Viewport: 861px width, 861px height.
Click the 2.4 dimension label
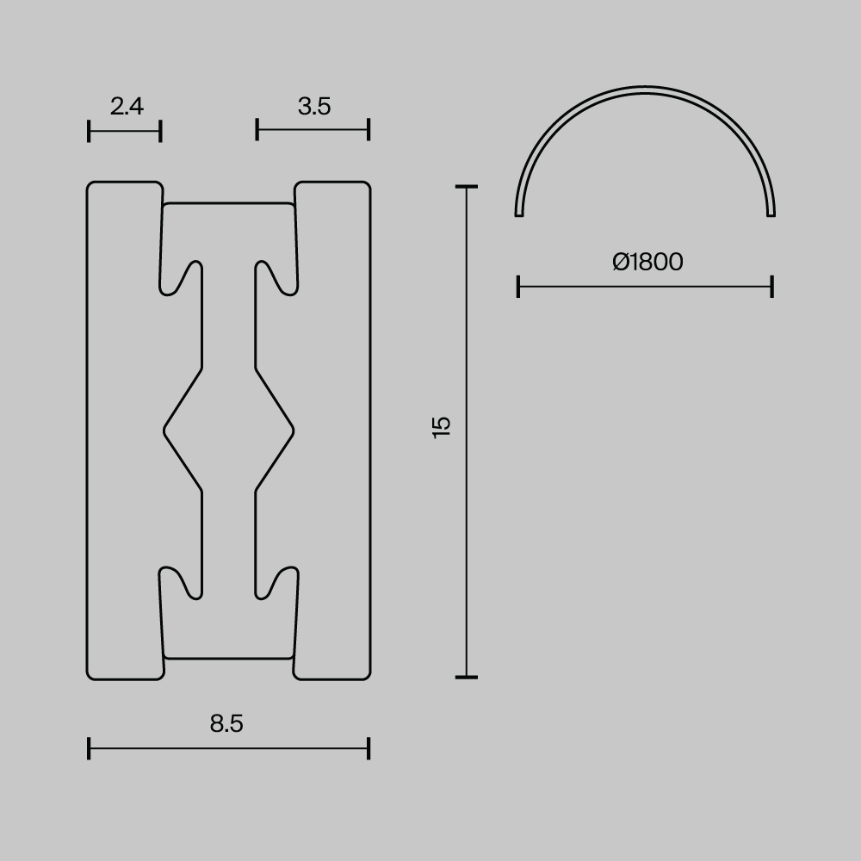[127, 107]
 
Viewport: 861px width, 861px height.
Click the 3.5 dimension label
[314, 107]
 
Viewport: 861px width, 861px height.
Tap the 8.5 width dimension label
[226, 724]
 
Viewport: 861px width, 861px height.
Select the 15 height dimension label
[441, 428]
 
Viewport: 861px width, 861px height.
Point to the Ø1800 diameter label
[647, 262]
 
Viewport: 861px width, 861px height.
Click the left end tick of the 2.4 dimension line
[89, 131]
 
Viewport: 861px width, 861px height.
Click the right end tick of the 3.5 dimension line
[369, 130]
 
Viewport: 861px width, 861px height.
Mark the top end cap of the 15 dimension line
[466, 186]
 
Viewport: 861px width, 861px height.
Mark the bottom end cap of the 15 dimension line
[466, 677]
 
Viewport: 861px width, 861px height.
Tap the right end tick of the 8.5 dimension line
[369, 748]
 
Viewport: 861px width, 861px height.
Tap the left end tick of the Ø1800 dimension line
[517, 287]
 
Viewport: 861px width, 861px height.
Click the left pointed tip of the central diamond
[164, 429]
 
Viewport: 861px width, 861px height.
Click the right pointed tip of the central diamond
[294, 429]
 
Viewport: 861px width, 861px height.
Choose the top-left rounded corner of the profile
[91, 186]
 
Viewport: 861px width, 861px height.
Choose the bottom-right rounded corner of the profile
[366, 675]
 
